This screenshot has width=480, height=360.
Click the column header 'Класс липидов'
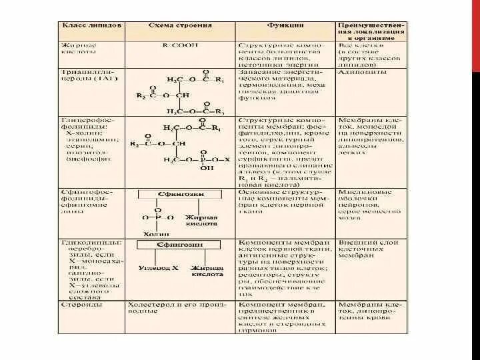click(92, 25)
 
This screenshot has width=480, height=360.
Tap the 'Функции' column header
click(284, 25)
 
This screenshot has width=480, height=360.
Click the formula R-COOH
click(180, 45)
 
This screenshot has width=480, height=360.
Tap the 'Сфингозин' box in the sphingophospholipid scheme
click(171, 193)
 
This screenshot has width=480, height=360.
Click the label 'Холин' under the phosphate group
click(153, 234)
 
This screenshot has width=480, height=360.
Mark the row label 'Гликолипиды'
click(84, 242)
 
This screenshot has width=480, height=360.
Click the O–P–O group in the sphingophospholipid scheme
click(157, 217)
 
